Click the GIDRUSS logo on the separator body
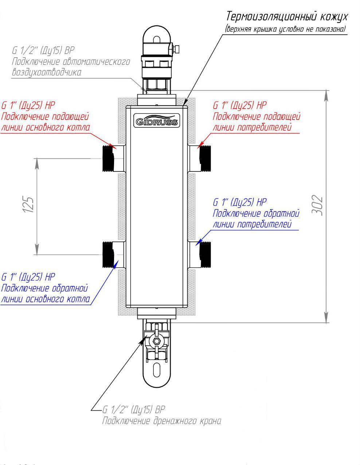[x=157, y=121]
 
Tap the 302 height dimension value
[x=318, y=205]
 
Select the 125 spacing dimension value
[x=28, y=205]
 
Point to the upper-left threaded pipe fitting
[x=108, y=158]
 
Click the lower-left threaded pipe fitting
[x=108, y=255]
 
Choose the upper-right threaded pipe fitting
[x=206, y=158]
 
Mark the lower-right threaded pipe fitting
[x=206, y=255]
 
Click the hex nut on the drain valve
[x=157, y=341]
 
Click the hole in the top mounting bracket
[x=157, y=39]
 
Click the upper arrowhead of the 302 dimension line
[x=326, y=95]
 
